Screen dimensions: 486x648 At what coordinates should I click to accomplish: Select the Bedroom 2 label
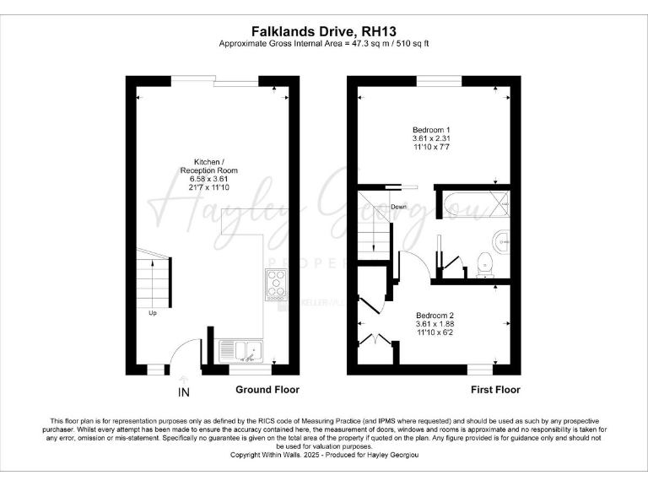tap(435, 314)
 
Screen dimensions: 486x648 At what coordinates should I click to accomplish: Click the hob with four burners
tap(276, 284)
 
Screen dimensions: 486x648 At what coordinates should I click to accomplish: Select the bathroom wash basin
tap(502, 240)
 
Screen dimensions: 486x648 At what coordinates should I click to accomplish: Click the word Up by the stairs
tap(153, 314)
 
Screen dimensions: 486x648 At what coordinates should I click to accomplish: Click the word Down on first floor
tap(400, 207)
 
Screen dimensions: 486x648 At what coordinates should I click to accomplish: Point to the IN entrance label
tap(184, 392)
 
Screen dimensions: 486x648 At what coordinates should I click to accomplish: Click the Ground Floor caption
tap(267, 390)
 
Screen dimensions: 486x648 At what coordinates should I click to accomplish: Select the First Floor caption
tap(495, 390)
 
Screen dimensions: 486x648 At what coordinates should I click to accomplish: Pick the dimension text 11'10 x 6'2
tap(435, 333)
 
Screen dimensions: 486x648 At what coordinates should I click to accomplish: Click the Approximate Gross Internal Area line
tap(325, 43)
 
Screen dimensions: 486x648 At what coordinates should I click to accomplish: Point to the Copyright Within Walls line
tap(325, 455)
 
